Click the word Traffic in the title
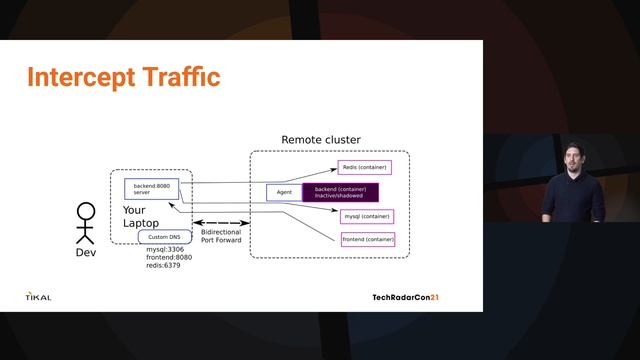click(x=184, y=77)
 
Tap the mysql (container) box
click(x=367, y=215)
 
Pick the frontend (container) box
click(x=368, y=239)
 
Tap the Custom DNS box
click(x=164, y=237)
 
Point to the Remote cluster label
click(x=320, y=140)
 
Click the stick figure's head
click(x=87, y=211)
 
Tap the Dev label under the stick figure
click(x=86, y=252)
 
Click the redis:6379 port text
click(x=162, y=266)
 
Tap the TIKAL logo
click(x=39, y=296)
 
